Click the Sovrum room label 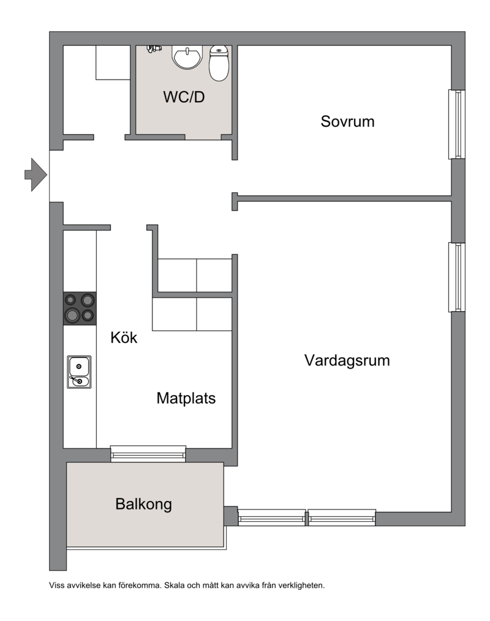pyautogui.click(x=347, y=121)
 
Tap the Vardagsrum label pyautogui.click(x=347, y=360)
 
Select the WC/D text pyautogui.click(x=184, y=97)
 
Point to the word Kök pyautogui.click(x=124, y=337)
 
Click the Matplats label pyautogui.click(x=186, y=398)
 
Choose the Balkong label pyautogui.click(x=143, y=504)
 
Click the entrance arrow pyautogui.click(x=36, y=175)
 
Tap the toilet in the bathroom pyautogui.click(x=219, y=63)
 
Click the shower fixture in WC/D pyautogui.click(x=154, y=49)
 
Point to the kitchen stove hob pyautogui.click(x=80, y=309)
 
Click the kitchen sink pyautogui.click(x=79, y=372)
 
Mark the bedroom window pyautogui.click(x=457, y=124)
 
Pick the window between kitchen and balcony pyautogui.click(x=148, y=454)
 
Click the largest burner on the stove pyautogui.click(x=72, y=315)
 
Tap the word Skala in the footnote pyautogui.click(x=174, y=585)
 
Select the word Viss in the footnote pyautogui.click(x=56, y=585)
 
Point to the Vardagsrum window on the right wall pyautogui.click(x=457, y=277)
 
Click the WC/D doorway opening pyautogui.click(x=203, y=137)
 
